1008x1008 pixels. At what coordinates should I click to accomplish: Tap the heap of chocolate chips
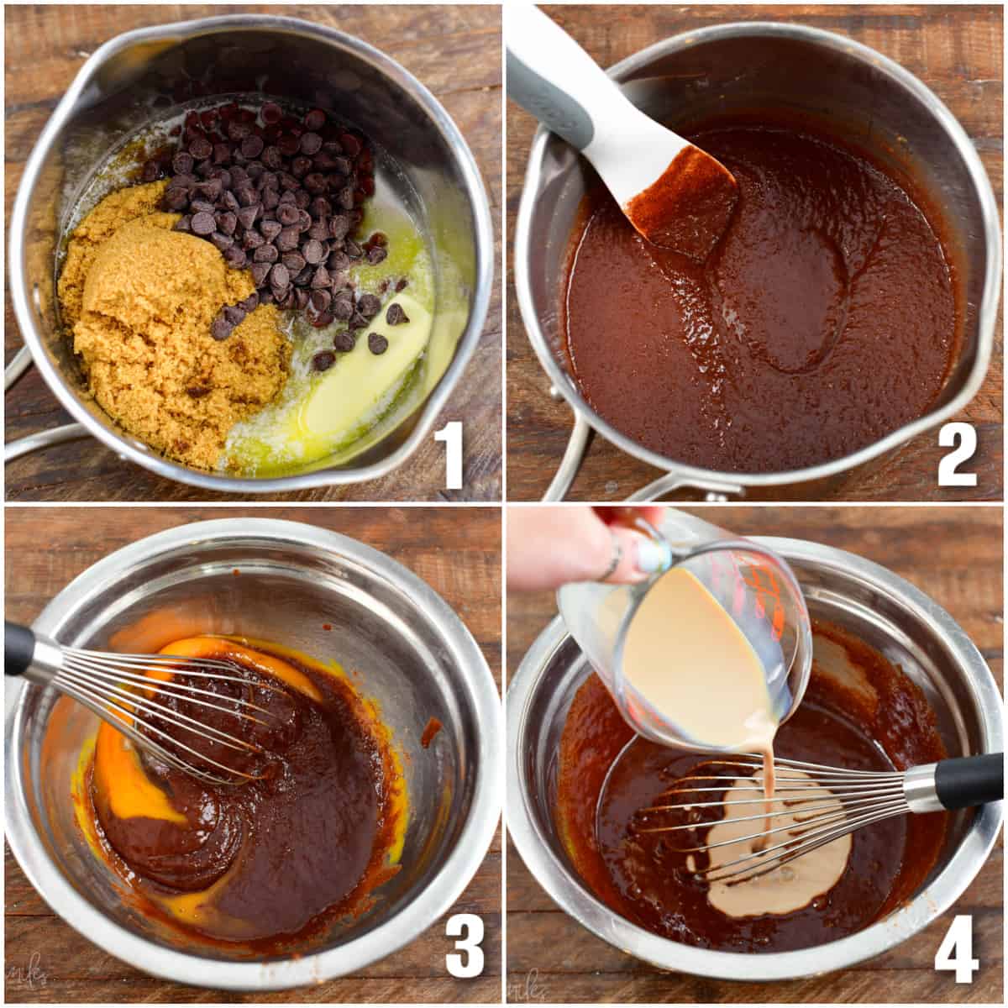pos(277,210)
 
